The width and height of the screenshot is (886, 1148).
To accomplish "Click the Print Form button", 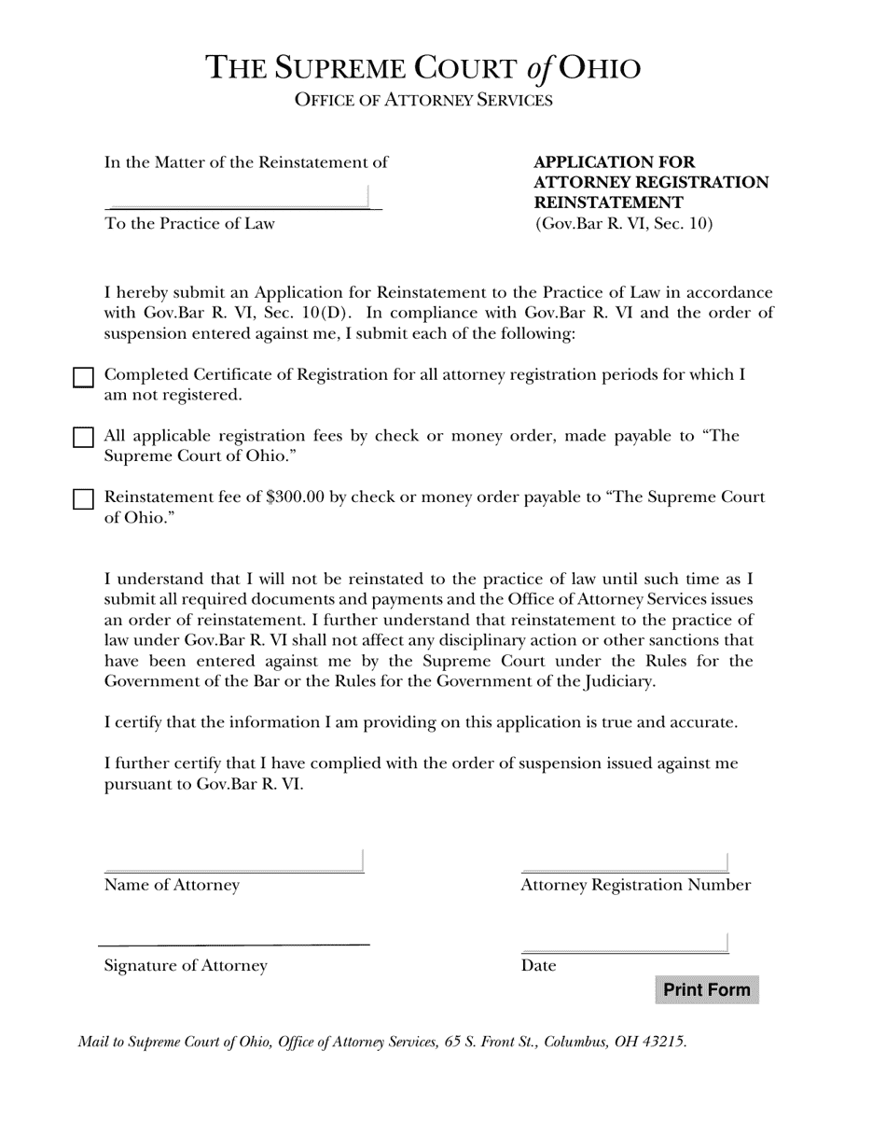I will click(x=707, y=989).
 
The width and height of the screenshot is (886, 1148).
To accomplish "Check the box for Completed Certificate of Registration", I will click(x=83, y=377).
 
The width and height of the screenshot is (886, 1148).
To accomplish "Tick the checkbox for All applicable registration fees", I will click(x=83, y=438).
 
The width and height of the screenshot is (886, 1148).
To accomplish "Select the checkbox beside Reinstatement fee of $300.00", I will click(x=83, y=499).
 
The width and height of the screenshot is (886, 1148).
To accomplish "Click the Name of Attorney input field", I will click(x=233, y=861).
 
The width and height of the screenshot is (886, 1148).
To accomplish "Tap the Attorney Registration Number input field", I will click(x=624, y=861).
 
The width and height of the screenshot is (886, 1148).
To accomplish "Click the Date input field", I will click(x=624, y=943).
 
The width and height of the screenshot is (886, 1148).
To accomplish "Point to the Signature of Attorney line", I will click(x=233, y=944).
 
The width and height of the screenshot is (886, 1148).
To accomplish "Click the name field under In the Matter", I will click(x=240, y=197).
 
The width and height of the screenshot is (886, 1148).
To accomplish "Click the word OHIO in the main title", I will click(x=600, y=68).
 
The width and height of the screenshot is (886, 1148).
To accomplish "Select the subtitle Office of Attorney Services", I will click(x=423, y=100).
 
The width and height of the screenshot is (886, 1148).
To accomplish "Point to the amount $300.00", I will click(x=295, y=497).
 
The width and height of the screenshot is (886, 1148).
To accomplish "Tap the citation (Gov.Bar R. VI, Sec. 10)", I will click(x=624, y=224).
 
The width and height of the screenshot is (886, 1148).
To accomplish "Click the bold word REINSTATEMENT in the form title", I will click(x=608, y=203).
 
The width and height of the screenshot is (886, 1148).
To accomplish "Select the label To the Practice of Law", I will click(x=189, y=224).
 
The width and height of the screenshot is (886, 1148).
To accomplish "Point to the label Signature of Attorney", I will click(x=186, y=966).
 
